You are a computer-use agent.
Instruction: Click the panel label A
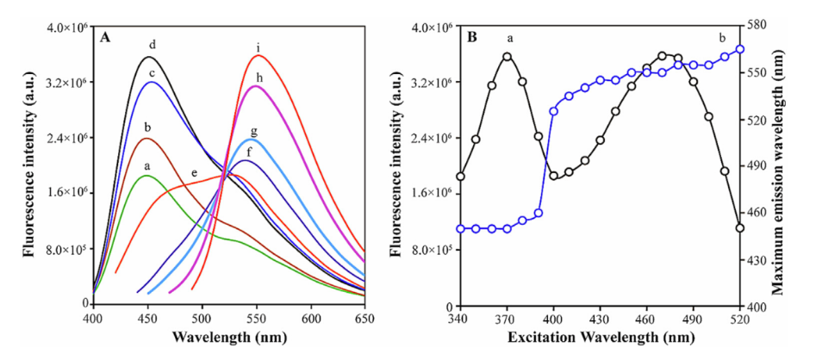(104, 37)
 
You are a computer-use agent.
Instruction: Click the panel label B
(472, 37)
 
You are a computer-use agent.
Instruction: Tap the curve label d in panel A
(152, 44)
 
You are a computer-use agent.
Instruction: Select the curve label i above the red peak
(258, 47)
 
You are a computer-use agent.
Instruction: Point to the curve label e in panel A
(194, 174)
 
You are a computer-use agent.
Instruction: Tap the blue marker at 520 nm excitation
(740, 49)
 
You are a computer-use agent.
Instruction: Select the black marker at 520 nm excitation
(740, 227)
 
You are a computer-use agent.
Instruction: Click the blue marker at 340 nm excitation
(460, 228)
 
